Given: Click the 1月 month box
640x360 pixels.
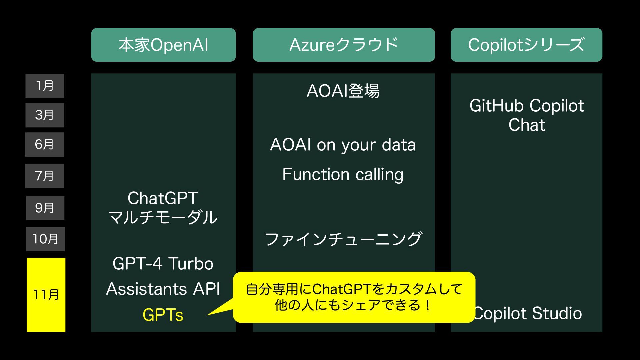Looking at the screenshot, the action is (45, 86).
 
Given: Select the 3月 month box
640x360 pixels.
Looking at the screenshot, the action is (45, 115).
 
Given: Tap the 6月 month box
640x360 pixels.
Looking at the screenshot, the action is (45, 145).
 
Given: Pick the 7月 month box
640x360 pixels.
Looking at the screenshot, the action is (45, 176).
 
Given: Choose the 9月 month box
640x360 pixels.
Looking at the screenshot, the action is (45, 208).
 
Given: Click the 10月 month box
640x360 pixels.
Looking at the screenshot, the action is (45, 239).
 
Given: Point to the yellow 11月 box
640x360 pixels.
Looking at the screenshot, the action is (46, 295).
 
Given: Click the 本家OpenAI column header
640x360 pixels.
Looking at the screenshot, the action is (163, 45).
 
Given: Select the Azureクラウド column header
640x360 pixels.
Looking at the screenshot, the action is (344, 45).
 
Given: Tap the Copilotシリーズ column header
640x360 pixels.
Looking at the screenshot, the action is (526, 45).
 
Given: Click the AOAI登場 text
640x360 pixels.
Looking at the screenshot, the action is (343, 91).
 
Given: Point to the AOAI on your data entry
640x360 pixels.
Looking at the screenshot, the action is (343, 145).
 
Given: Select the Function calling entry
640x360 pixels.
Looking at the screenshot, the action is (343, 175).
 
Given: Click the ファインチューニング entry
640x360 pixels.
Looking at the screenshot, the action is (343, 239).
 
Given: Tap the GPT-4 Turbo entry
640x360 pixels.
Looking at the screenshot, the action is (163, 264).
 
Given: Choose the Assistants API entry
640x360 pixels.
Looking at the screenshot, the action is (163, 289).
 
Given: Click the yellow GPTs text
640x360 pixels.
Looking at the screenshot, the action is (163, 315).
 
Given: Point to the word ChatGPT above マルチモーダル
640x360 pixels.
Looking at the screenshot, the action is (163, 198).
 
